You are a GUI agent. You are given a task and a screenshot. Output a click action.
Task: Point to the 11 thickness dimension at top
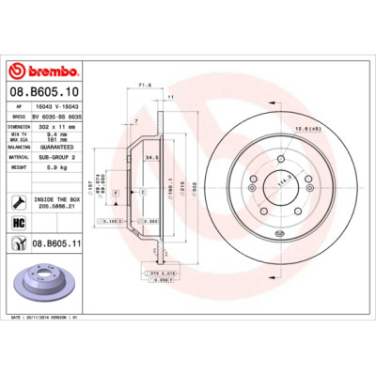pyautogui.click(x=170, y=97)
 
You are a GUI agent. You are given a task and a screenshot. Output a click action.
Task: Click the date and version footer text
pyautogui.click(x=47, y=318)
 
